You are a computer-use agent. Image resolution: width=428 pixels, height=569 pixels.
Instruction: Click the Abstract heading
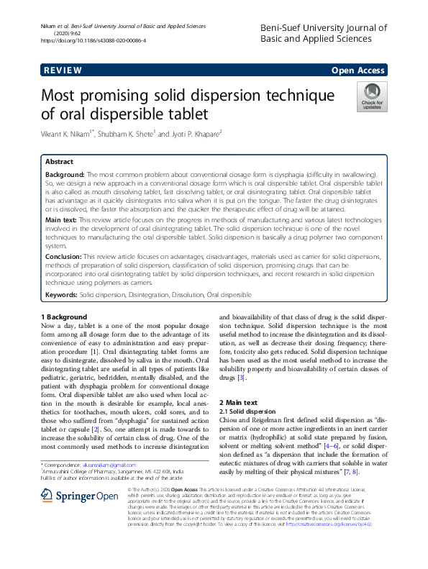60,162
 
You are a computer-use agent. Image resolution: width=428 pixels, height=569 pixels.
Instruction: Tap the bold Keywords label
61,294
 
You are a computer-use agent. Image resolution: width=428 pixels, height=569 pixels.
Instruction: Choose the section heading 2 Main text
238,402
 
